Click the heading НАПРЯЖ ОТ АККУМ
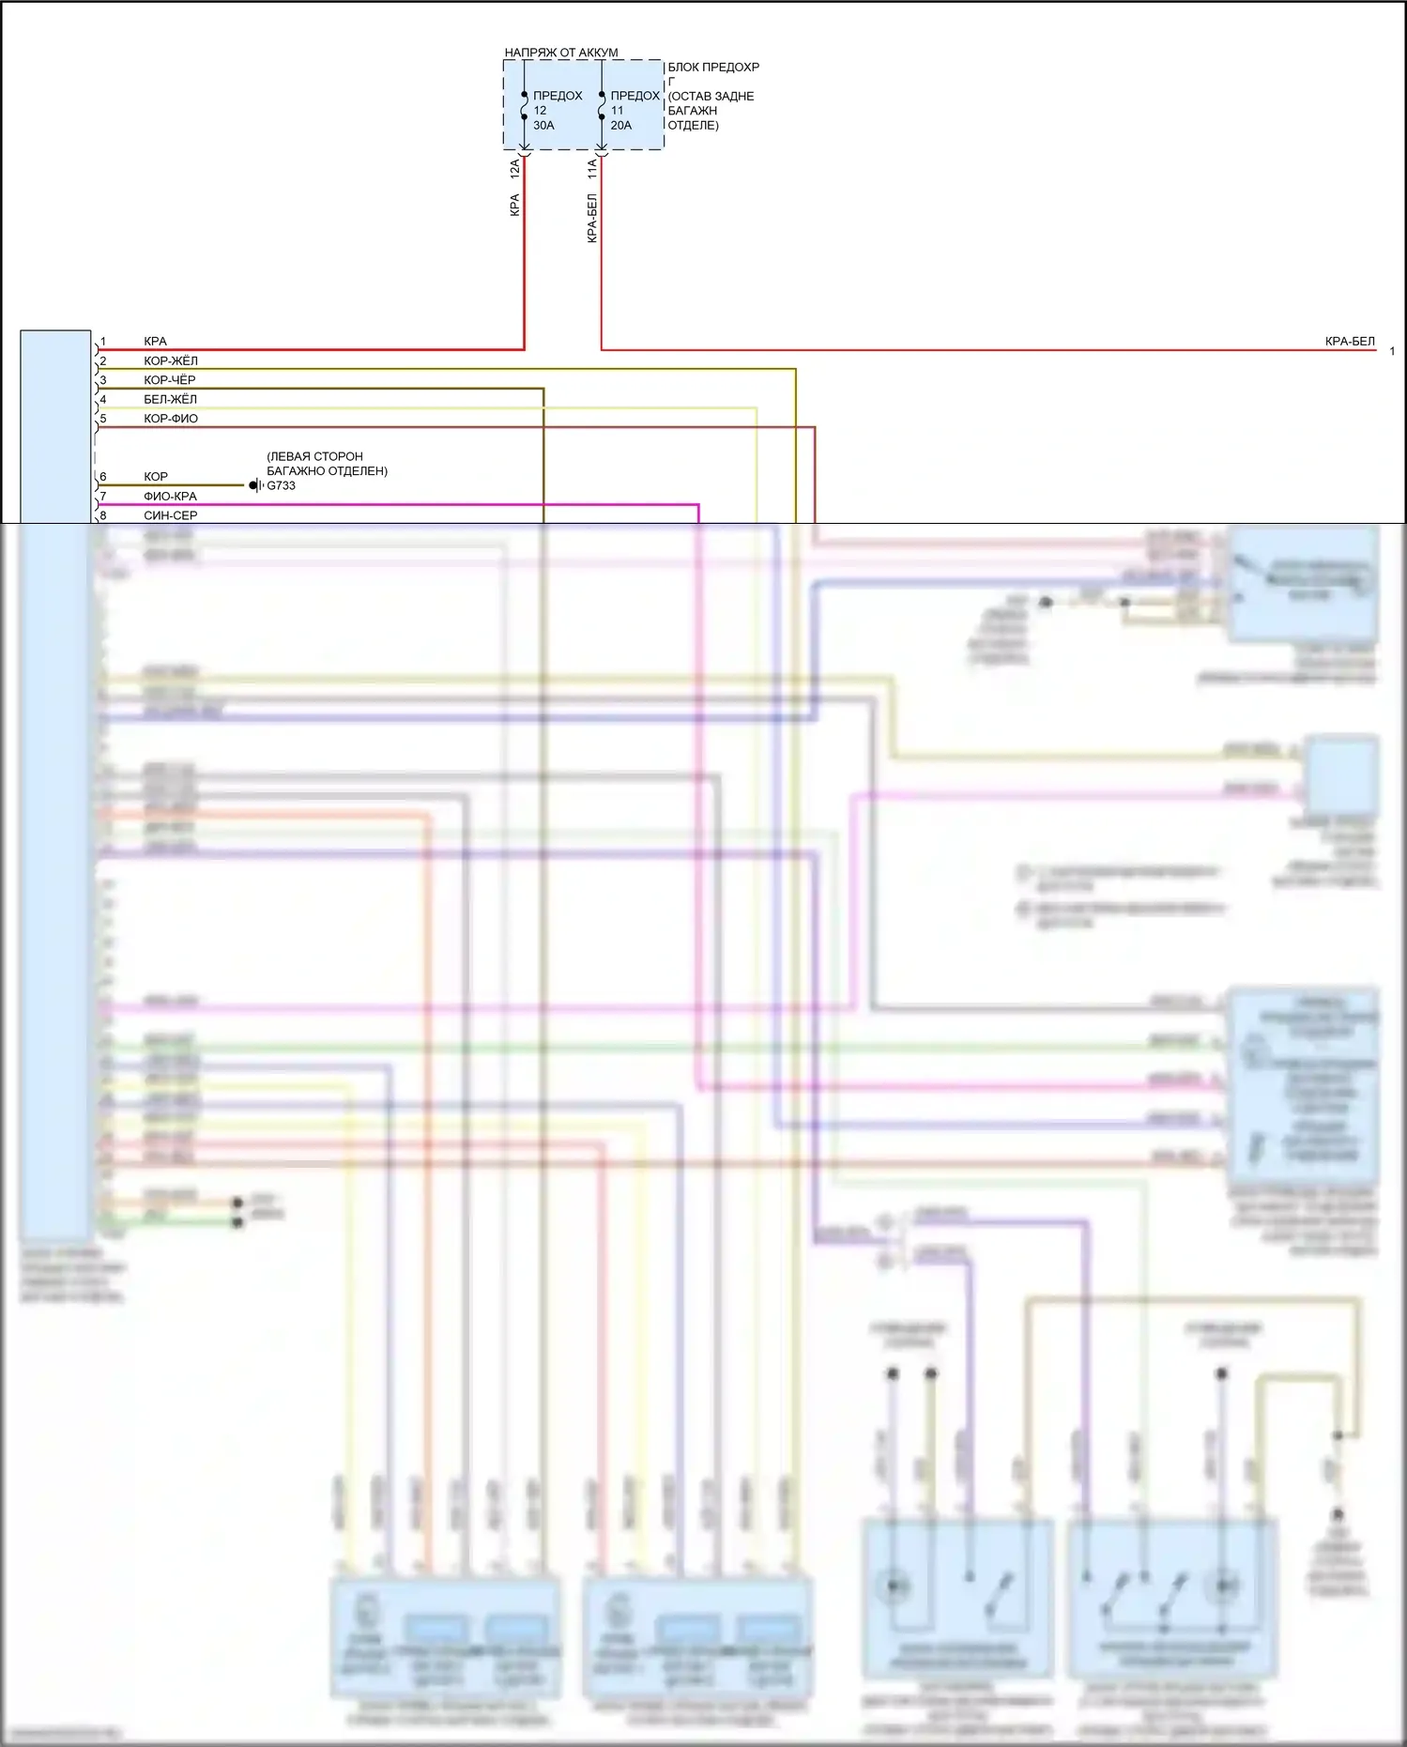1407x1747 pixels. [x=560, y=53]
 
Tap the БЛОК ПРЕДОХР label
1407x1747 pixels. [x=713, y=68]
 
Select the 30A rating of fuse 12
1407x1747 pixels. [x=543, y=125]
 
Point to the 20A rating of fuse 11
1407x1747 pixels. [x=620, y=125]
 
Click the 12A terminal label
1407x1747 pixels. [x=514, y=169]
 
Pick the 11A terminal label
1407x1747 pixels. [x=592, y=169]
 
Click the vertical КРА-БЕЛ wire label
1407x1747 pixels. [x=592, y=218]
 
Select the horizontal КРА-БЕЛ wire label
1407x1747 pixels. [x=1349, y=342]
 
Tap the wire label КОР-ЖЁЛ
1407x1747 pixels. [x=170, y=360]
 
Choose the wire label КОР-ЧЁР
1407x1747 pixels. [x=169, y=380]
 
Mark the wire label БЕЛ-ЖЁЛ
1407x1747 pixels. [x=170, y=399]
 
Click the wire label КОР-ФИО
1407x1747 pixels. [x=170, y=419]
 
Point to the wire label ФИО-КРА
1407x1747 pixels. [x=170, y=496]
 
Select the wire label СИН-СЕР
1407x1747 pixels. [x=170, y=515]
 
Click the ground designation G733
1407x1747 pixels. [x=281, y=485]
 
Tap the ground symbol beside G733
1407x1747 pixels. [x=255, y=485]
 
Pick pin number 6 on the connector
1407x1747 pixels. [x=103, y=477]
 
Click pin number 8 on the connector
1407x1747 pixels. [x=103, y=515]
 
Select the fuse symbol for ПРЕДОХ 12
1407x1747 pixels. [x=524, y=105]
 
